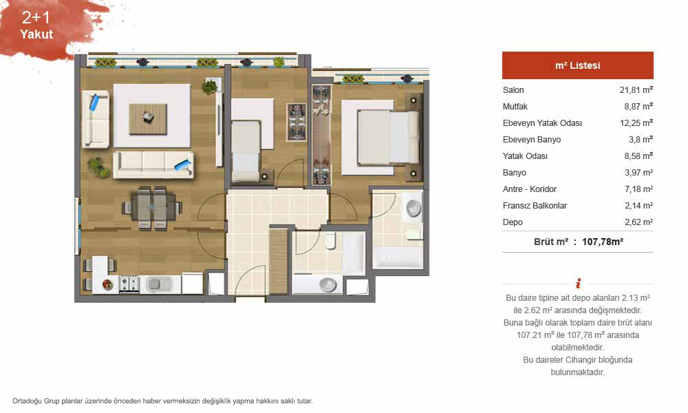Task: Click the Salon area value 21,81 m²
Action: (x=636, y=90)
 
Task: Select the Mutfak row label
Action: (x=515, y=107)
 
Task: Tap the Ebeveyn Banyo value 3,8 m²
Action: (x=641, y=140)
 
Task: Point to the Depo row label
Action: (x=513, y=222)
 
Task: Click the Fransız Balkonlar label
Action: (x=535, y=205)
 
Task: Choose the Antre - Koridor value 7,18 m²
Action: (x=639, y=189)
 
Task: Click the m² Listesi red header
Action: (x=578, y=65)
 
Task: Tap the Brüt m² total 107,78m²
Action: (x=603, y=242)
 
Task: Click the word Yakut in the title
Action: (x=36, y=34)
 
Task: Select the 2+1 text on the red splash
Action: (x=36, y=18)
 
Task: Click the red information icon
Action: (x=579, y=283)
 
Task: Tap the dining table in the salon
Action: (x=152, y=208)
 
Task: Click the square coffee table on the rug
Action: (x=148, y=118)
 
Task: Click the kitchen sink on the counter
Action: (x=155, y=284)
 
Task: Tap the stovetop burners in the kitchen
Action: (x=129, y=284)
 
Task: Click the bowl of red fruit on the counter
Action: (x=107, y=284)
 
